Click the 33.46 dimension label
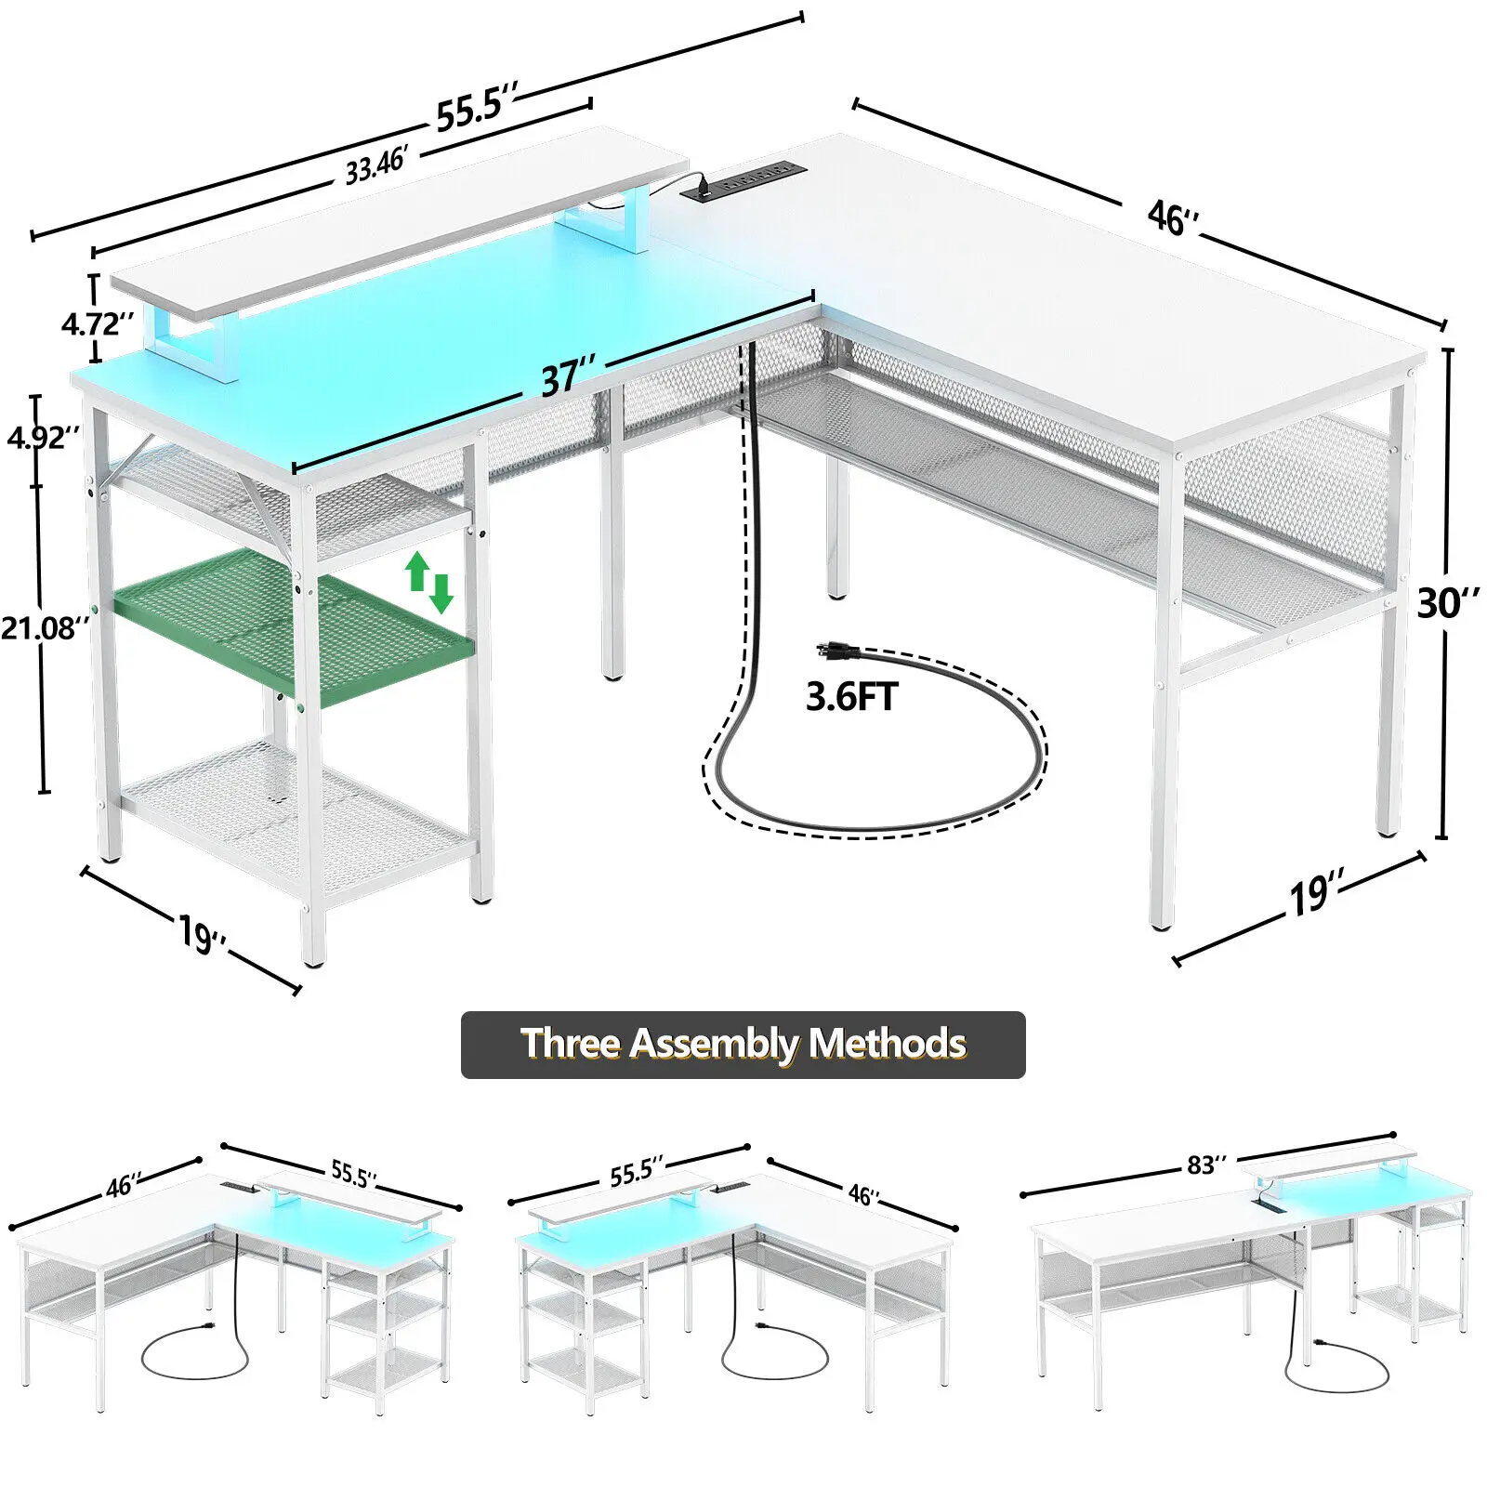[376, 165]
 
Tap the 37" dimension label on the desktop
[568, 376]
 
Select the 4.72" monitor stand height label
[97, 323]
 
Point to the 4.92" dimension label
[43, 436]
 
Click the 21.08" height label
[45, 628]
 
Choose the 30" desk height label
[1448, 603]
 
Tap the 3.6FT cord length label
[851, 696]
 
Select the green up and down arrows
[428, 582]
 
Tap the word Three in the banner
[570, 1044]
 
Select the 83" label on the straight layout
[1206, 1165]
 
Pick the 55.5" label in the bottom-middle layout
[637, 1173]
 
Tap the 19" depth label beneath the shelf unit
[202, 932]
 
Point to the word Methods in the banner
[887, 1044]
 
